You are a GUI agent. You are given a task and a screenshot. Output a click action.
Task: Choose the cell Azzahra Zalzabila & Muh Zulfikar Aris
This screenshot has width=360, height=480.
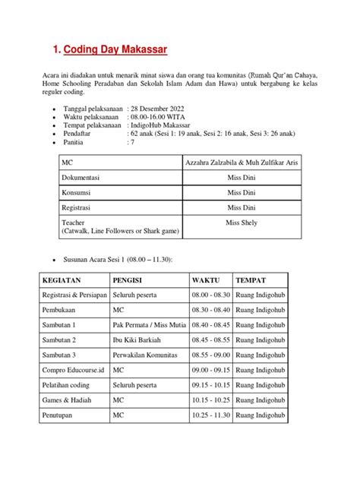pos(243,162)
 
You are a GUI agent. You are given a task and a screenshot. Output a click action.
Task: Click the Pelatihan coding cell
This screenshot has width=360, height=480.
pos(70,384)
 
